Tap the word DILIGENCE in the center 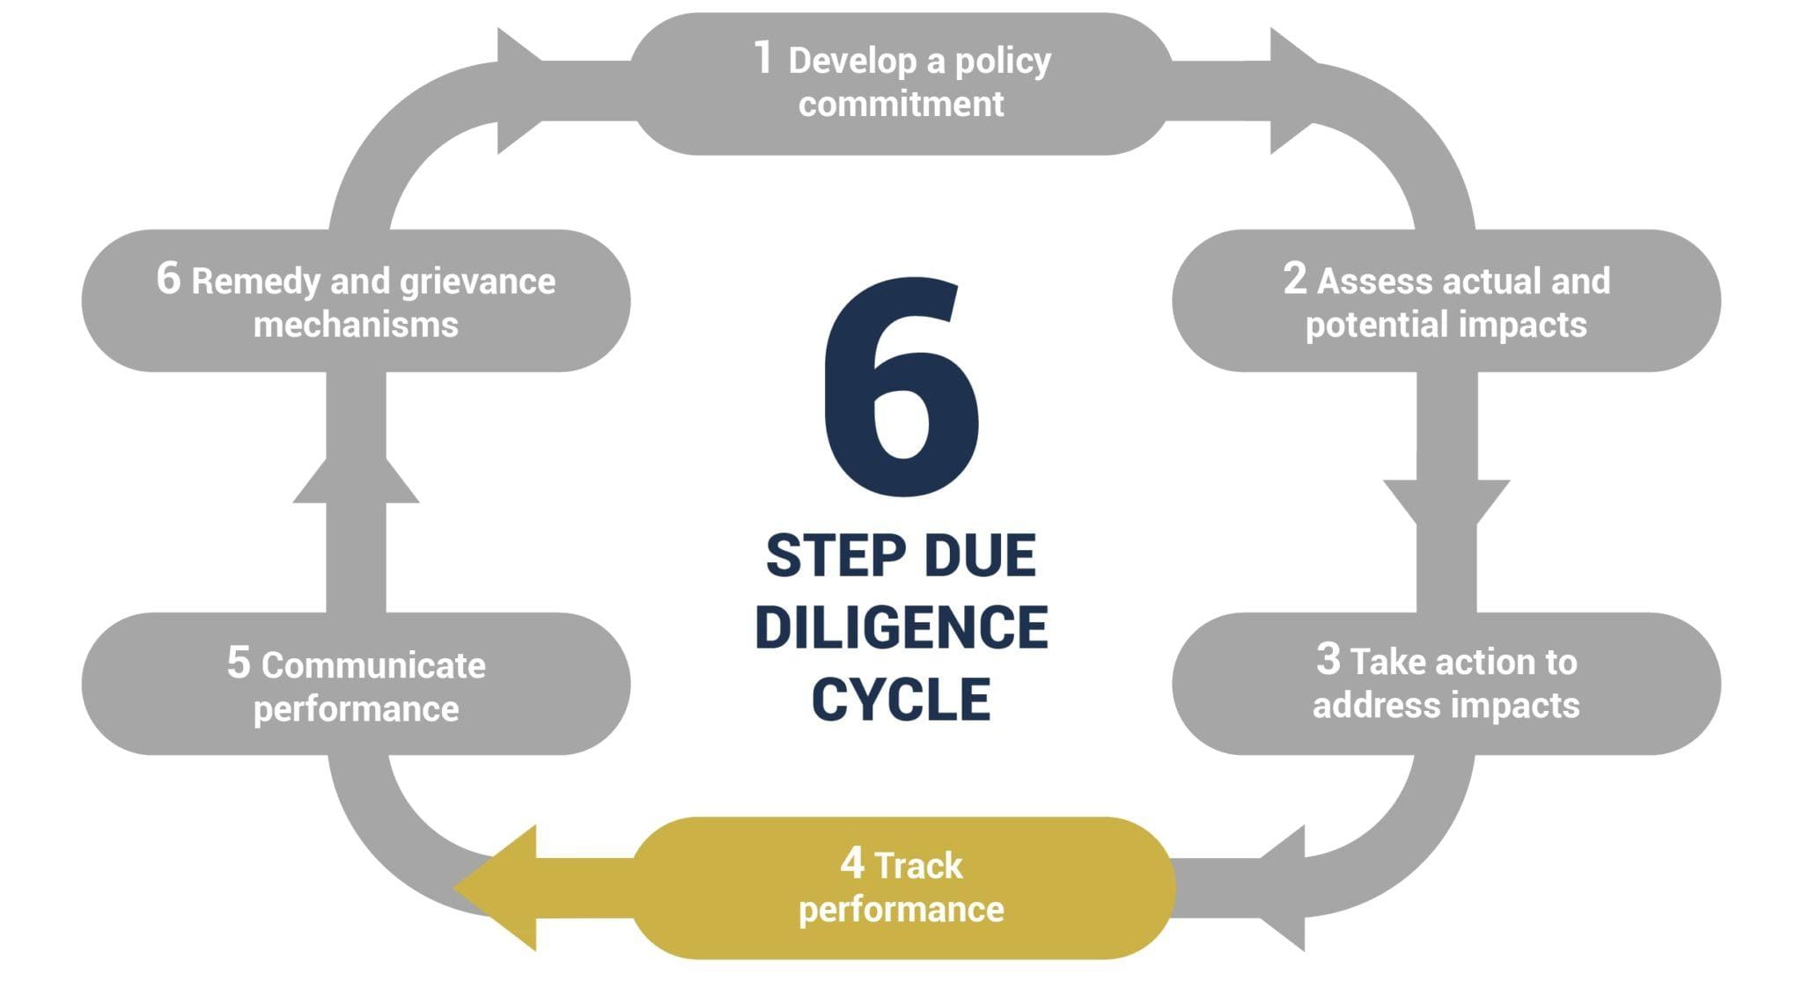(901, 627)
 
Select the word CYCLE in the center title (901, 700)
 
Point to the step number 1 (763, 58)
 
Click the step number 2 (1294, 278)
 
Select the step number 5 (239, 662)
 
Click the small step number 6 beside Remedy (168, 278)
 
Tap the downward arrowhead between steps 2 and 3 (1446, 501)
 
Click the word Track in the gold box (919, 866)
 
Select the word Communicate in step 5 (373, 665)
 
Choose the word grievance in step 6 (477, 282)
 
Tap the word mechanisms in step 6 (356, 325)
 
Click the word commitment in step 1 (901, 104)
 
